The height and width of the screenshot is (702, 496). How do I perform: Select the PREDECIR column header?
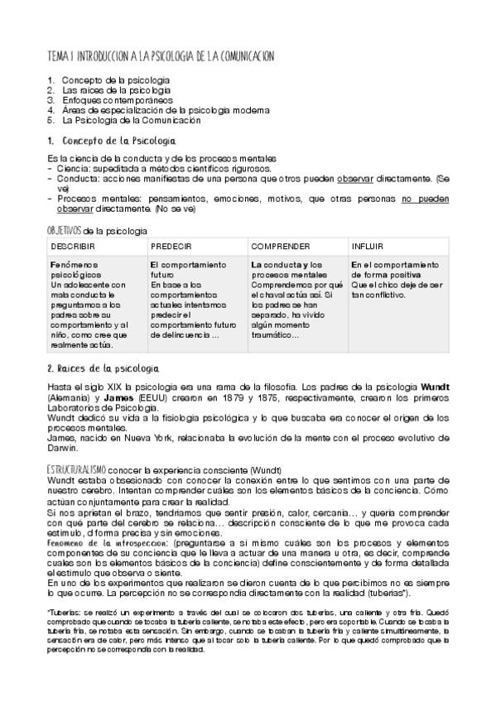[171, 247]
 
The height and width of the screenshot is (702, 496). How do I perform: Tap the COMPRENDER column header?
[281, 247]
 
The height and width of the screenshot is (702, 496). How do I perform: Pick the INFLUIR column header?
[367, 247]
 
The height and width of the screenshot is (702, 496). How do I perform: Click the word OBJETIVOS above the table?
[65, 229]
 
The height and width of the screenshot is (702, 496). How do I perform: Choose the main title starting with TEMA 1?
[161, 55]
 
